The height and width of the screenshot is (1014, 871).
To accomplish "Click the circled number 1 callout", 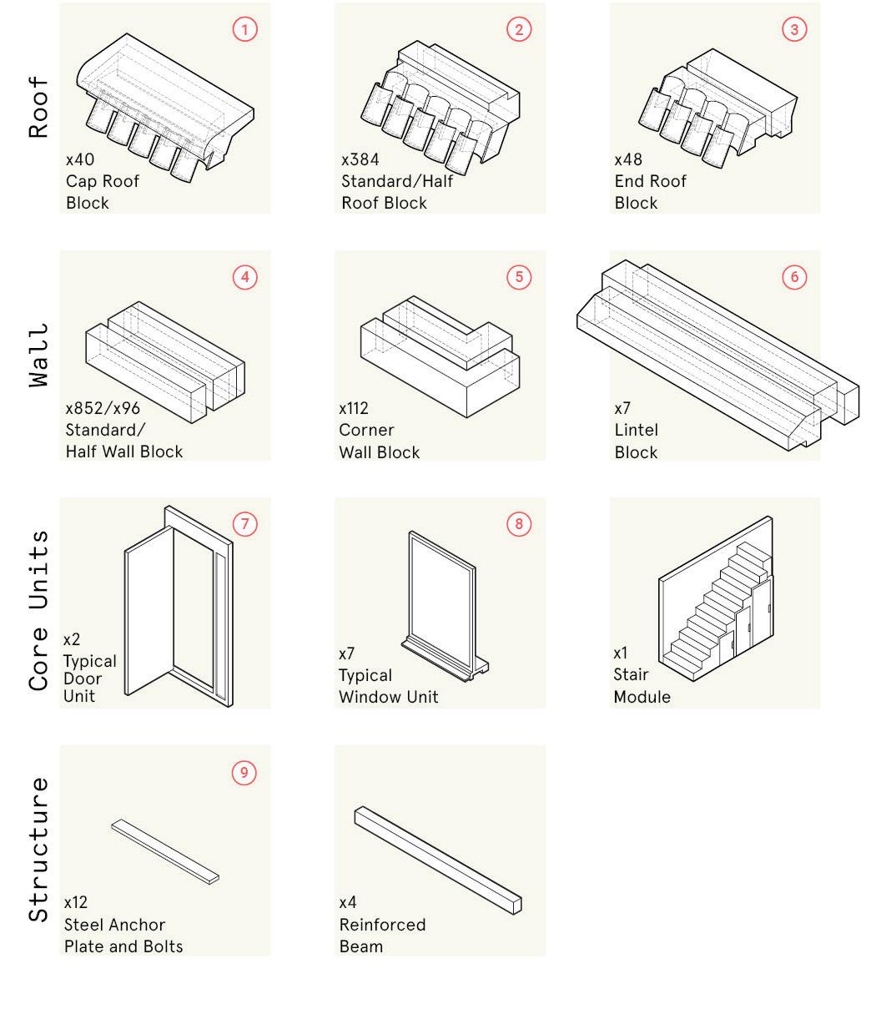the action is [244, 29].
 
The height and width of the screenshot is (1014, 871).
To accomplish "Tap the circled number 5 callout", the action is [519, 277].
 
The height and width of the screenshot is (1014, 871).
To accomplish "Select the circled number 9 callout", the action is [244, 773].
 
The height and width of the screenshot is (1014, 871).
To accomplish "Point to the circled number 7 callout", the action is [244, 525].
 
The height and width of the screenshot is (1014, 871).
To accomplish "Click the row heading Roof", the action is [39, 108].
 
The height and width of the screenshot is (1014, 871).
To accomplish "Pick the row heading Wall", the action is [39, 355].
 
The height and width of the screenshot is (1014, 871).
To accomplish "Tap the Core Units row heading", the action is [39, 610].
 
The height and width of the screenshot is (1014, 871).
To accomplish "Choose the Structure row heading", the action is [39, 849].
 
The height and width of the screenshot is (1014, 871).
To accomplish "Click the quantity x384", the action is [360, 159].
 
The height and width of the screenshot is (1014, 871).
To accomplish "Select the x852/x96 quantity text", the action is [103, 408].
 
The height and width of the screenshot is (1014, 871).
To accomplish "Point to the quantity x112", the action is [354, 408].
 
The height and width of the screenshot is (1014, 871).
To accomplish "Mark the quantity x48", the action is [629, 159].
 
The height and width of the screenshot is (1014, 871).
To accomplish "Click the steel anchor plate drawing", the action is [165, 850].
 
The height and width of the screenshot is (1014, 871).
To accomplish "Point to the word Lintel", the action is [637, 430].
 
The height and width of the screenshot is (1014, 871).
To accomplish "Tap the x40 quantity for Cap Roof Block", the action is [80, 159].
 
